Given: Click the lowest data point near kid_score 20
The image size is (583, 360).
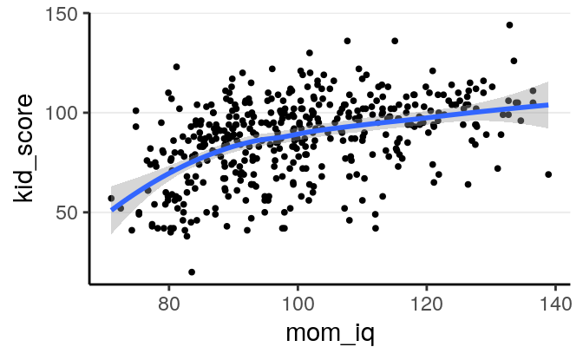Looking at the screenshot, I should pos(191,272).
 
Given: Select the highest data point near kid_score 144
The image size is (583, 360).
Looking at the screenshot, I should pos(509,25).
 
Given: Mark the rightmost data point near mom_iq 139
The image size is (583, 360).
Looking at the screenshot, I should pos(548,174).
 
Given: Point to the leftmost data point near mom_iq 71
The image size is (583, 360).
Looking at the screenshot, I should pos(111,199).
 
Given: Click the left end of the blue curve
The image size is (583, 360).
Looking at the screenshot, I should pos(111,209).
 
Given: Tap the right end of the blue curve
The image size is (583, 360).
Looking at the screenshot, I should pos(548,105).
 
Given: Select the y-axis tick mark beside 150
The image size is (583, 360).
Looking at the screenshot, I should pos(86,14).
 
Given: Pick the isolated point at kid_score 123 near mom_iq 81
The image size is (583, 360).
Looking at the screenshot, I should pos(176,67).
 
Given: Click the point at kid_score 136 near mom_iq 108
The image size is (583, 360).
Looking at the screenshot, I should pos(347,41).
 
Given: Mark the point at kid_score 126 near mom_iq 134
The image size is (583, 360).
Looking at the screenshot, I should pos(514,61).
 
